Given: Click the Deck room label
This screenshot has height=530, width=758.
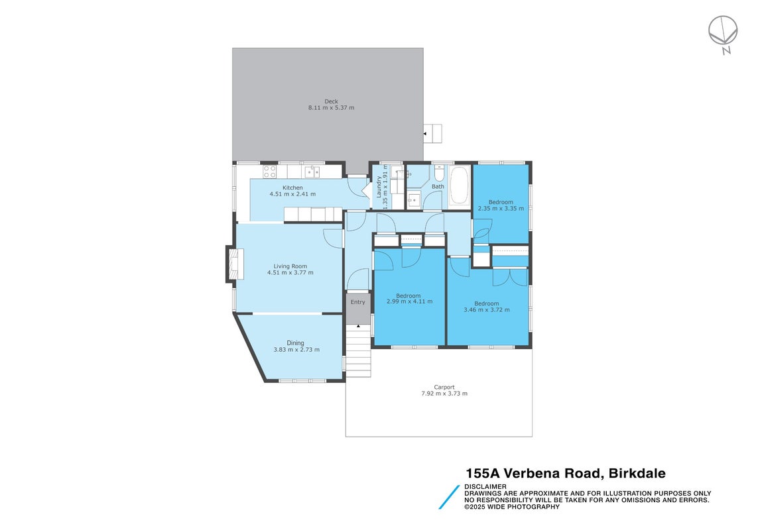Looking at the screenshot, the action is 331,101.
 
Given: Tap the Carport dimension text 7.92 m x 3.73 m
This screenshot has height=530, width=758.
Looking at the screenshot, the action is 444,394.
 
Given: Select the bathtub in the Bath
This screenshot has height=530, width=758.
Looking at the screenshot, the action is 460,185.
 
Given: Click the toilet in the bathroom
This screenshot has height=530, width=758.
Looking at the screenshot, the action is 439,172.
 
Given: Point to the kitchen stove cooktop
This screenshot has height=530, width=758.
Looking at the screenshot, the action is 270,172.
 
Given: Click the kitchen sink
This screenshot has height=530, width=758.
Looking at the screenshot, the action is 312,172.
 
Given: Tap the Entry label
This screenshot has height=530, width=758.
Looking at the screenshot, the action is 357,302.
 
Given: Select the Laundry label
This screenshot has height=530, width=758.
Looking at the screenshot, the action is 379,187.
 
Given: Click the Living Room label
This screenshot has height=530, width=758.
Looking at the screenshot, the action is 290,266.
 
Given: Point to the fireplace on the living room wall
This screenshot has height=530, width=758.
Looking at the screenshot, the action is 235,264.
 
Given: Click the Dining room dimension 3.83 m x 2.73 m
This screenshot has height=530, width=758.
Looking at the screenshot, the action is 296,350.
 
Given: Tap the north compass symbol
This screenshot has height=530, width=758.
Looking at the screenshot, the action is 724,34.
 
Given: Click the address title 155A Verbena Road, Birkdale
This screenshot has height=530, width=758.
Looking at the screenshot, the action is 566,474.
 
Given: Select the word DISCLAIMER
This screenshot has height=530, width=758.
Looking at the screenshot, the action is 485,486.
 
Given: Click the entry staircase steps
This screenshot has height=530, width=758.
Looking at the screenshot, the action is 358,350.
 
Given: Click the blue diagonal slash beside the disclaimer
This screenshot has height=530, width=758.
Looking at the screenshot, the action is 449,497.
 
